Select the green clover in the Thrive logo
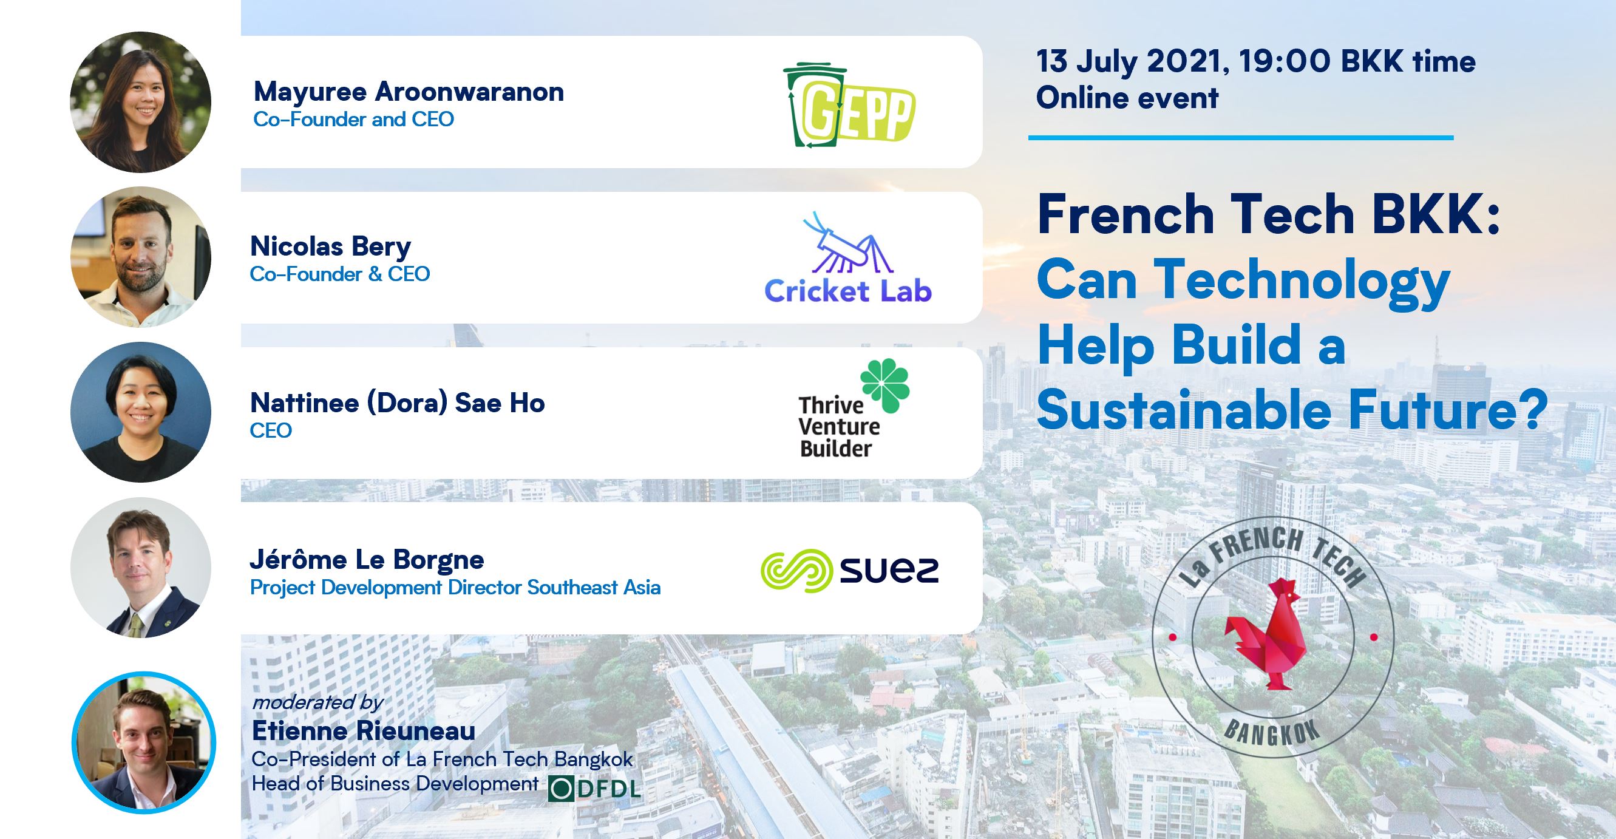[x=884, y=386]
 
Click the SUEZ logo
[x=850, y=571]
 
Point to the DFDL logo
[x=594, y=789]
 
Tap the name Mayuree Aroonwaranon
[x=409, y=92]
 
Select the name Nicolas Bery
[x=331, y=246]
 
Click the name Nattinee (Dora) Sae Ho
[x=398, y=403]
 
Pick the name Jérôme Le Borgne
[x=367, y=559]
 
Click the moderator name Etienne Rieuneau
[x=364, y=730]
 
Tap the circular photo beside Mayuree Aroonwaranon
[x=140, y=102]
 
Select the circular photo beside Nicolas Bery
[x=140, y=257]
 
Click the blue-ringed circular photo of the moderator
[x=144, y=742]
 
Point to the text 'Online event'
[x=1127, y=98]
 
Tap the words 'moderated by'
[x=317, y=702]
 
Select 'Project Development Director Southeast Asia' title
[x=455, y=588]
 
